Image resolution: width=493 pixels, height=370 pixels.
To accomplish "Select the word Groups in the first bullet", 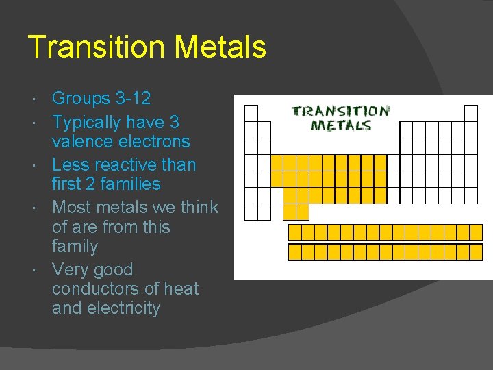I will click(x=81, y=99).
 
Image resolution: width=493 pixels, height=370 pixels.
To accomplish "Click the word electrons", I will click(x=155, y=142).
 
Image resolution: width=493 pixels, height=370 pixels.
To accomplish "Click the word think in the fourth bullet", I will click(x=199, y=207).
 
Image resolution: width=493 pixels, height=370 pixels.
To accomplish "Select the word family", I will click(x=75, y=247).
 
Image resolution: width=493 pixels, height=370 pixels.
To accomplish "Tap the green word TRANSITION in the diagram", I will click(x=340, y=110).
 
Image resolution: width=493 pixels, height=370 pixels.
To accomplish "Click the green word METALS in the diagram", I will click(x=340, y=125).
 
